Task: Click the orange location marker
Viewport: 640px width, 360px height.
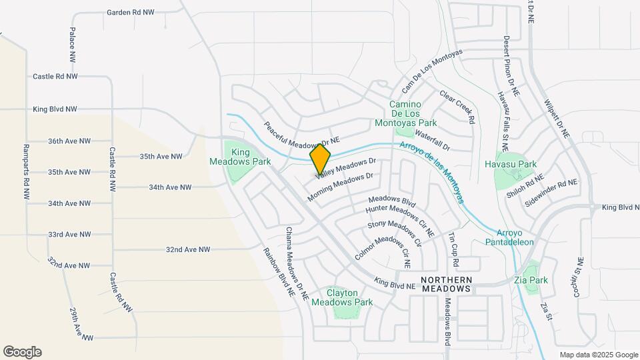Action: (320, 159)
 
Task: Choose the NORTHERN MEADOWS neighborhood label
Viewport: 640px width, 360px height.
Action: (447, 284)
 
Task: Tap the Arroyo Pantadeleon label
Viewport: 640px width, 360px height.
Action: (515, 237)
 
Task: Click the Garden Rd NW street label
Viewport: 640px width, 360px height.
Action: (131, 13)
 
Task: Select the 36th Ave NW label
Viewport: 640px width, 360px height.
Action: (69, 141)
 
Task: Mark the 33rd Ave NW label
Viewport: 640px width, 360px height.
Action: (69, 235)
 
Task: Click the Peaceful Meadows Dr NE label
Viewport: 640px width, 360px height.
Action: (301, 133)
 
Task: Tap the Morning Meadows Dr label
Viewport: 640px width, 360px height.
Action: (340, 187)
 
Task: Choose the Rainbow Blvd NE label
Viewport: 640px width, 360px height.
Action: (279, 268)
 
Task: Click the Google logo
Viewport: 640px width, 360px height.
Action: (22, 352)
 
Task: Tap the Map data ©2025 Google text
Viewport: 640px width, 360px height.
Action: (598, 355)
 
